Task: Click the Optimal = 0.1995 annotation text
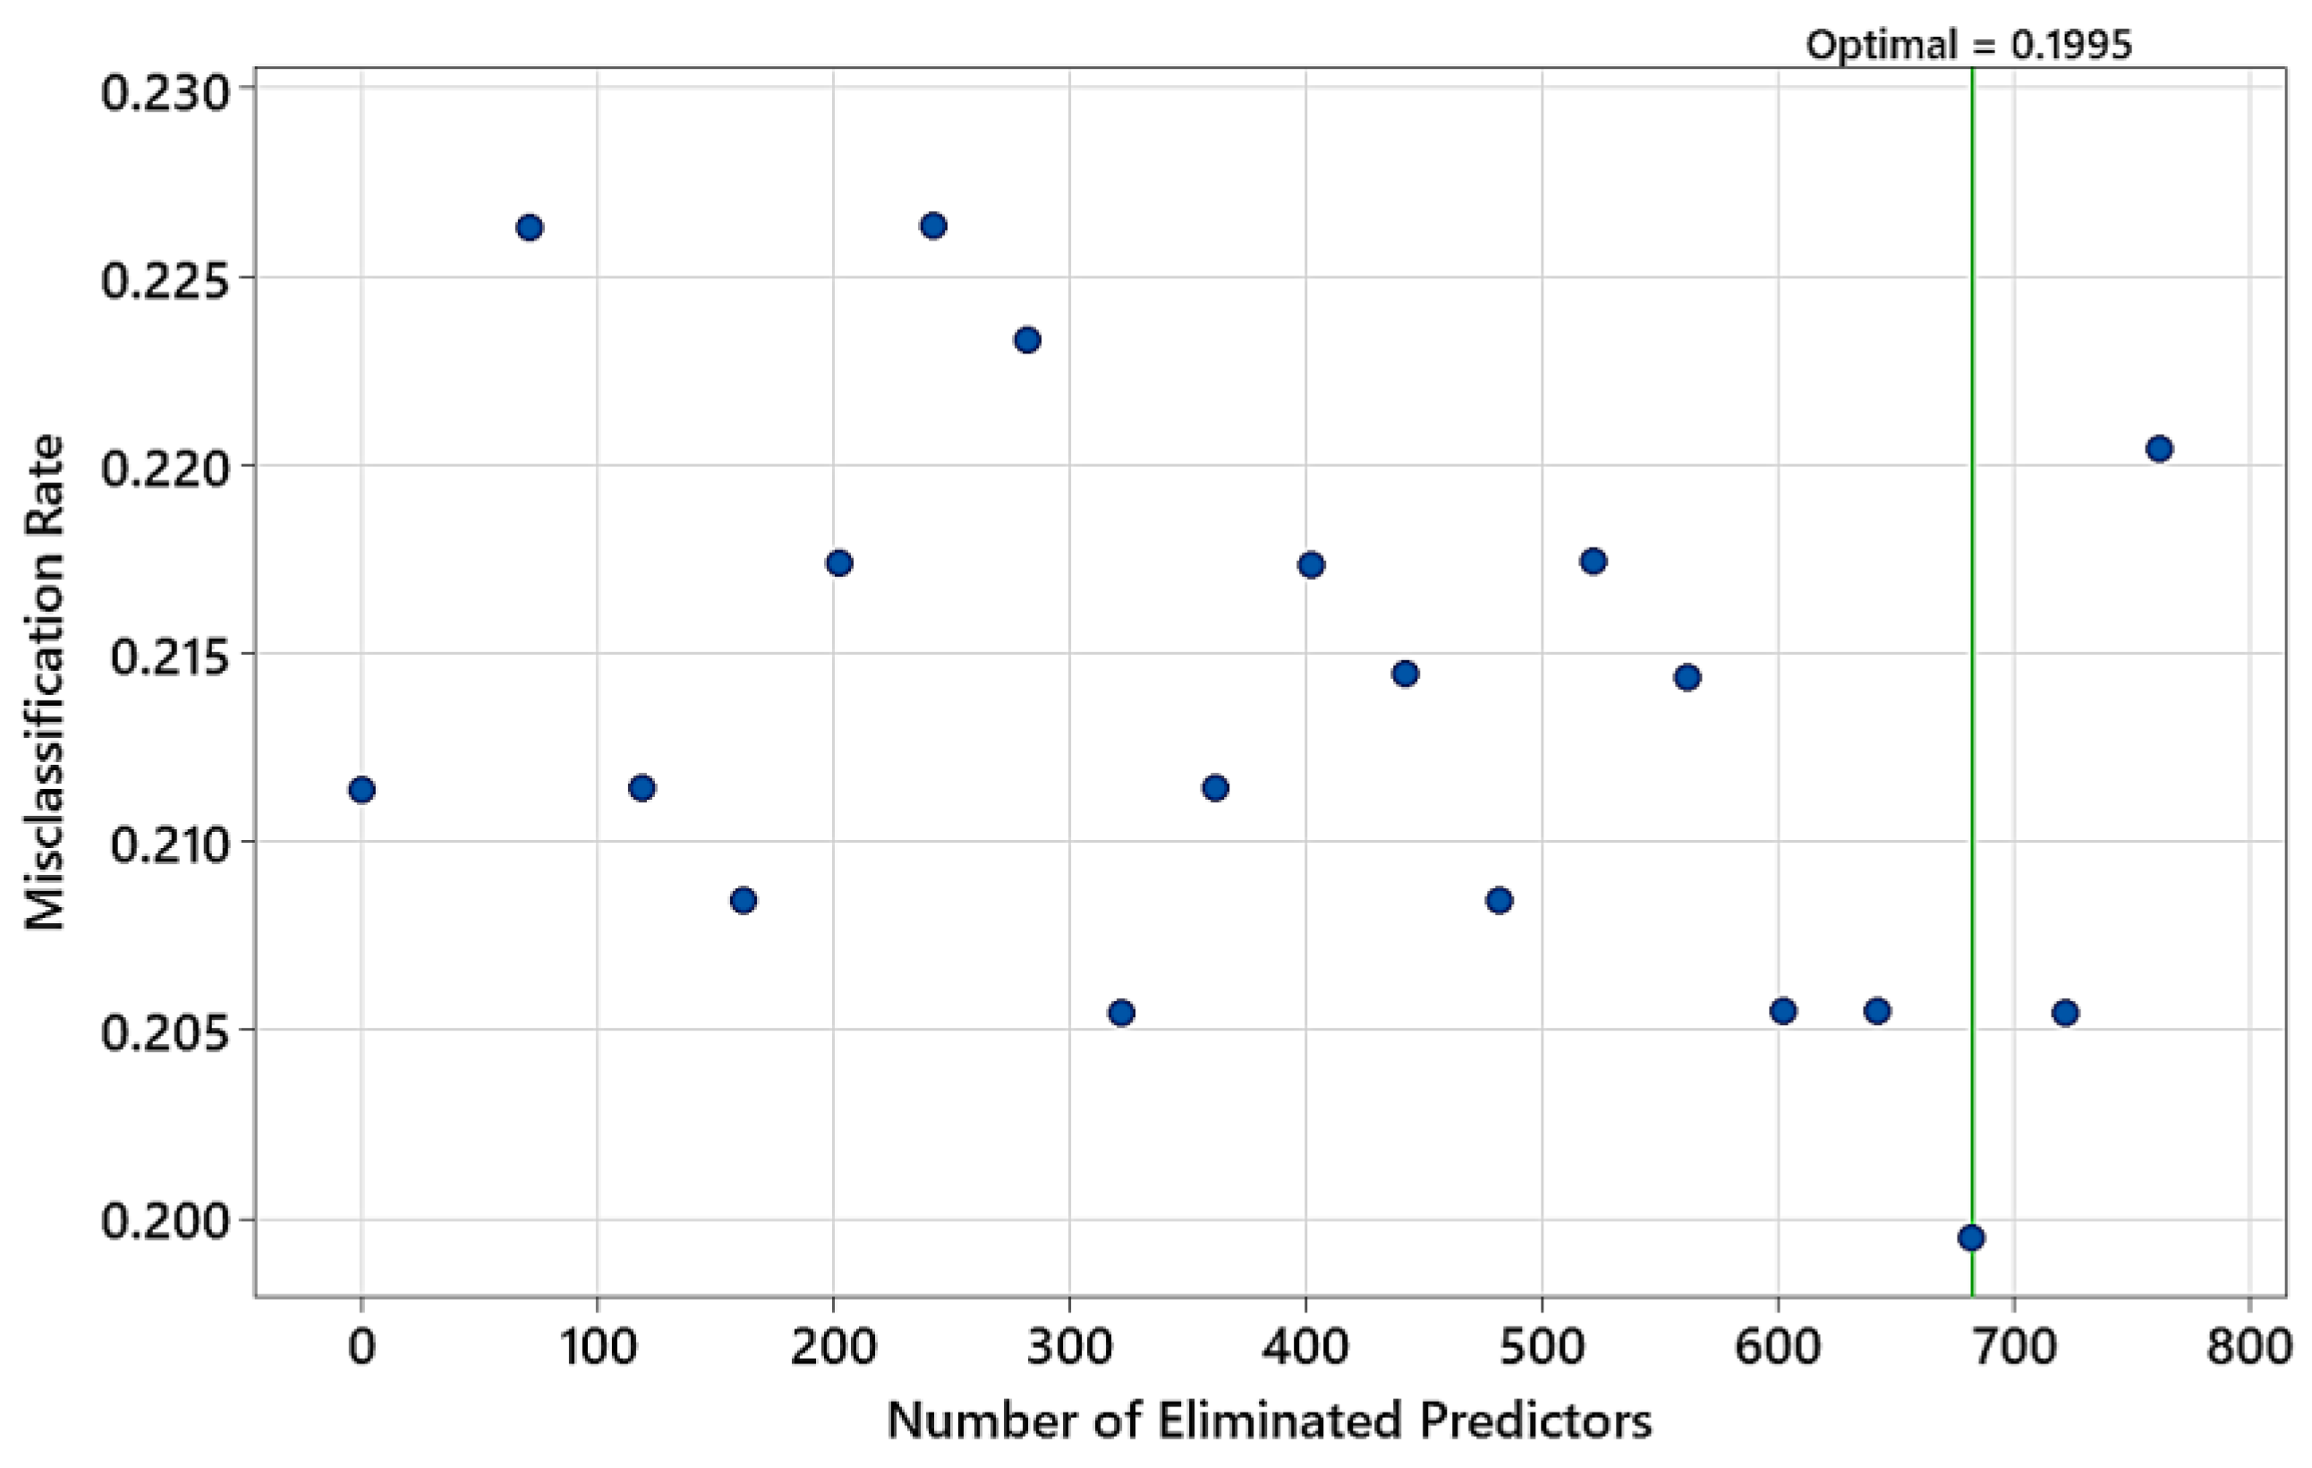coord(1968,45)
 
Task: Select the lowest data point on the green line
coord(1971,1237)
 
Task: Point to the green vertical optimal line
coord(1972,672)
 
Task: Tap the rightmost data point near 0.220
coord(2159,448)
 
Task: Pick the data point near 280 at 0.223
coord(1027,340)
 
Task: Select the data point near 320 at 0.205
coord(1121,1013)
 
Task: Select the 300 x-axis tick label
coord(1068,1347)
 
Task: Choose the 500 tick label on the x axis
coord(1541,1347)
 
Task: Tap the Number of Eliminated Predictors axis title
coord(1270,1421)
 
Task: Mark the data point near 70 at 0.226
coord(529,227)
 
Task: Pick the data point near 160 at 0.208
coord(744,901)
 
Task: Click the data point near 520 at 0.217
coord(1593,562)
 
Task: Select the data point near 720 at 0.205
coord(2065,1013)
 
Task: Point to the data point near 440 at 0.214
coord(1405,674)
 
